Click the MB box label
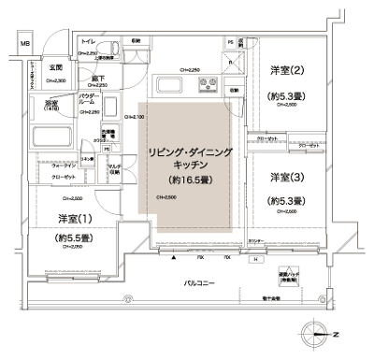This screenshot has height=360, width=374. click(x=26, y=44)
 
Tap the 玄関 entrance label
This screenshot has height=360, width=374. click(x=56, y=68)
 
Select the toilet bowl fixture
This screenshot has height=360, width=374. click(x=107, y=51)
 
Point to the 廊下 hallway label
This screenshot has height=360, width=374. click(x=96, y=79)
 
